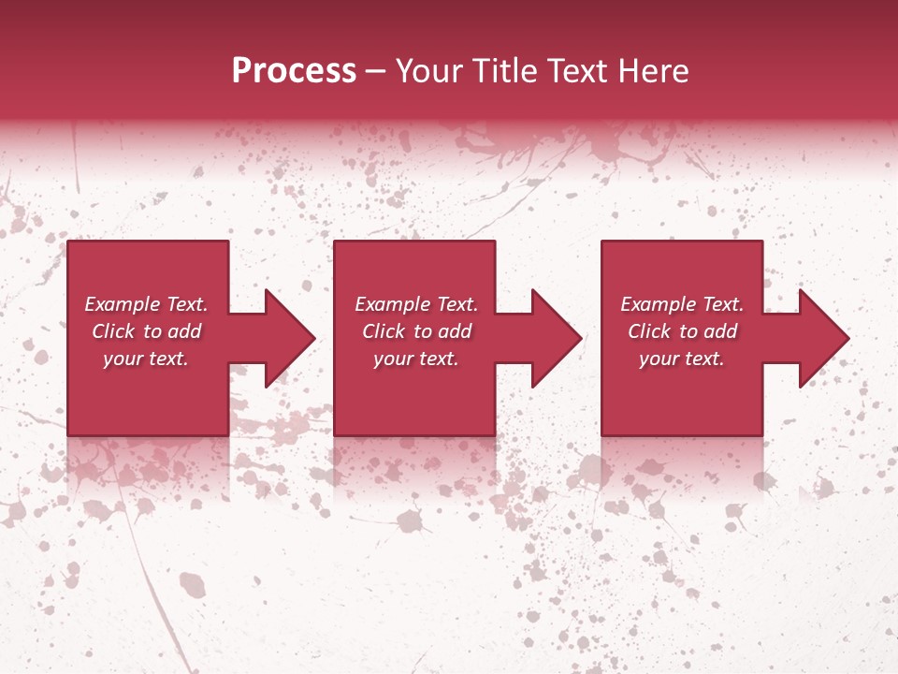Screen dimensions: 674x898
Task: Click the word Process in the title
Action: click(294, 71)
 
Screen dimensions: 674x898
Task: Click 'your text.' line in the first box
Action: click(146, 359)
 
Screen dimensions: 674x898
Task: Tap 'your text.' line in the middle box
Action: click(416, 359)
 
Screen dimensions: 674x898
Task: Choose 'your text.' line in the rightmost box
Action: click(682, 359)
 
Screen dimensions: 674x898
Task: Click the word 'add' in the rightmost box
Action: click(719, 331)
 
